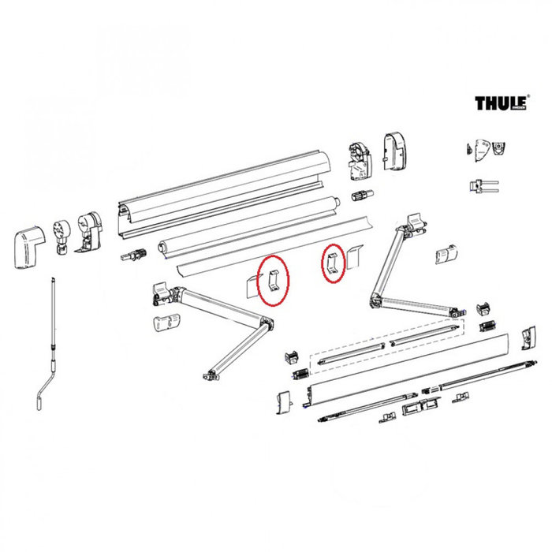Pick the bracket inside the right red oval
pyautogui.click(x=333, y=263)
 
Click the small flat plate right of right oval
pyautogui.click(x=353, y=256)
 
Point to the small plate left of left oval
pyautogui.click(x=250, y=285)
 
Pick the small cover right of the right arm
pyautogui.click(x=446, y=253)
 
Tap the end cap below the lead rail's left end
pyautogui.click(x=284, y=403)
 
